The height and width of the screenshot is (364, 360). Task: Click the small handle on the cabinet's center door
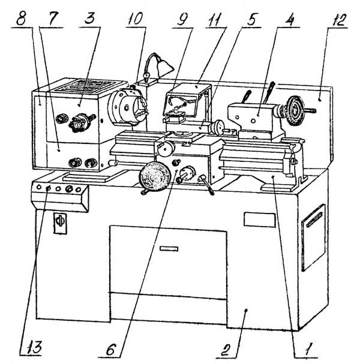pyautogui.click(x=169, y=248)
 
